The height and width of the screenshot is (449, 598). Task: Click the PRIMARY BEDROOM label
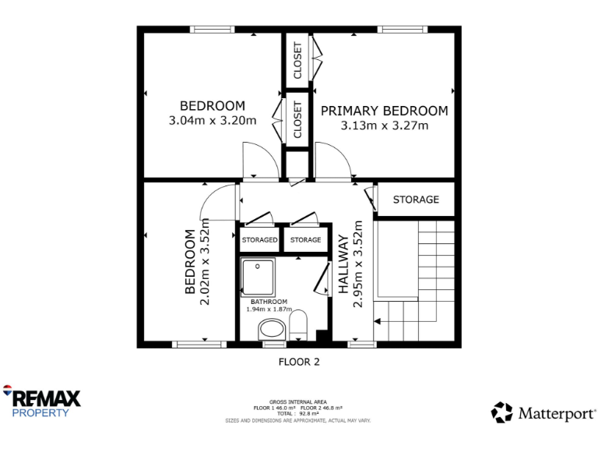384,111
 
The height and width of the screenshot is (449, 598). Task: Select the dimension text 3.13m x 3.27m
384,125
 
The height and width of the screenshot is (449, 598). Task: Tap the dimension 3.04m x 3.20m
212,121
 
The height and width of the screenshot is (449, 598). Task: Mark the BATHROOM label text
269,302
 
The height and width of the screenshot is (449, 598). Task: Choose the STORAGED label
259,240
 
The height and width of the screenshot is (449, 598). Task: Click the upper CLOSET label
297,61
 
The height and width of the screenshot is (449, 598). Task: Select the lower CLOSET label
297,121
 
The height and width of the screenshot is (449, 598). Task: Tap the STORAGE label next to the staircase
415,200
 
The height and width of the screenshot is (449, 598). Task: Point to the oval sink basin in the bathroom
273,329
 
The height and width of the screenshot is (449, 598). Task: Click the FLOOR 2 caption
299,362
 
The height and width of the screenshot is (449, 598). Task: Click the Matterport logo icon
501,412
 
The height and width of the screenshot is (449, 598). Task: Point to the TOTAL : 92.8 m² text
298,413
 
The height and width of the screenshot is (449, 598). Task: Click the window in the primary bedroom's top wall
403,30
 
